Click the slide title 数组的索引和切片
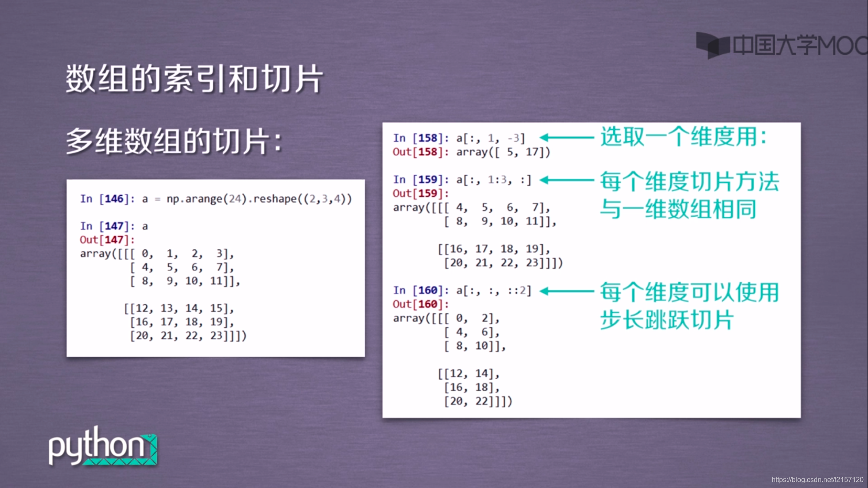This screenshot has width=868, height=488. pos(194,79)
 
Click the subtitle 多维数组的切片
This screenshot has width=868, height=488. pos(174,141)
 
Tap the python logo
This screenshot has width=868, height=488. pos(102,447)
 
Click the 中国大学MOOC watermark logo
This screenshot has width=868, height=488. pos(781,45)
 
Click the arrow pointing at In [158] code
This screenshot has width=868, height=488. pos(567,138)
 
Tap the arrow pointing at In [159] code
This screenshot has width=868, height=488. pos(567,180)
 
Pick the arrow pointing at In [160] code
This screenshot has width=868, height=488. pos(567,291)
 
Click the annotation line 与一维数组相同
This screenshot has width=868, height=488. pos(678,210)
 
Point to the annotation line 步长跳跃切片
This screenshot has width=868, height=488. pos(667,320)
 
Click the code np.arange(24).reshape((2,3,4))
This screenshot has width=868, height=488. pos(259,199)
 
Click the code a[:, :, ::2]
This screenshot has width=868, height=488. pos(494,291)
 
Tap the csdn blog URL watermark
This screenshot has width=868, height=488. pos(817,480)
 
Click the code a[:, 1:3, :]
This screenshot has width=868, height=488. pos(494,180)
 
